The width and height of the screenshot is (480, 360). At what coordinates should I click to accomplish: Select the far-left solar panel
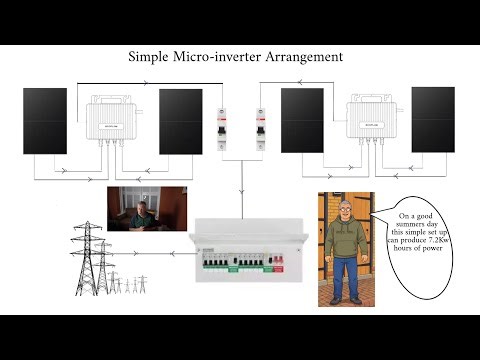45,121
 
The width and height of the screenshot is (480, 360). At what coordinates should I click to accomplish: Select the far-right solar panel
433,119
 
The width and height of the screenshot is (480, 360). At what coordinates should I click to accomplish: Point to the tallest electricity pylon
87,256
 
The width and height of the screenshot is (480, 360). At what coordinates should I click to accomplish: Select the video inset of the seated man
147,208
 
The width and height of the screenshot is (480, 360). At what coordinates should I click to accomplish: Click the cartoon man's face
345,212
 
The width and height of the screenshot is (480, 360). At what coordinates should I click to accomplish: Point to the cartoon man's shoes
346,299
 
